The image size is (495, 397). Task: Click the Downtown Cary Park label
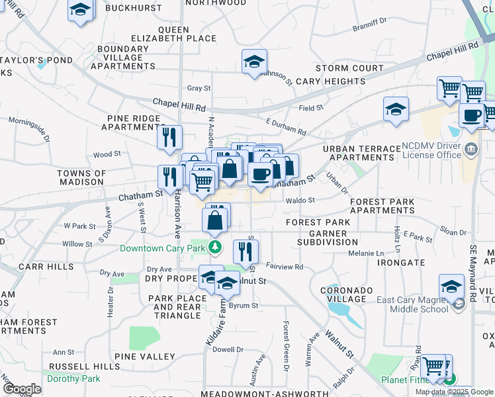click(163, 248)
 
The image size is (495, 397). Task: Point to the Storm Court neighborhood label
click(349, 69)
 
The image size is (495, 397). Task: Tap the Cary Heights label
click(330, 81)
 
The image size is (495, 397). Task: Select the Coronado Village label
click(343, 294)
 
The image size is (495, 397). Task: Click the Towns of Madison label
click(81, 178)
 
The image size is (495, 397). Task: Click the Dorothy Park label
click(73, 379)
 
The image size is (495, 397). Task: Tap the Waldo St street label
click(300, 200)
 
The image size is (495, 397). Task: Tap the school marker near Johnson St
click(254, 63)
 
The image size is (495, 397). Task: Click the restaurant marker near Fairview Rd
click(246, 251)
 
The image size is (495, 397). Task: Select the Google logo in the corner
click(22, 389)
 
